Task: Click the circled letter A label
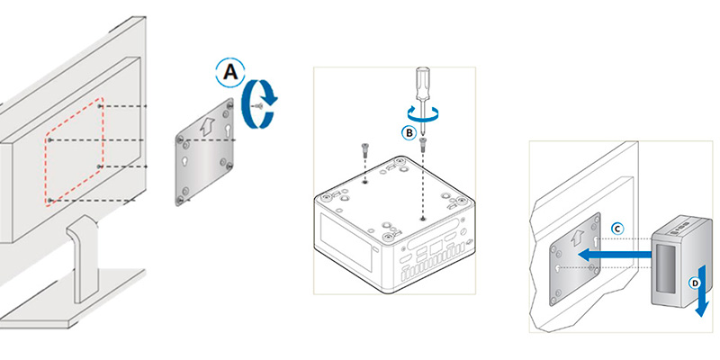click(230, 73)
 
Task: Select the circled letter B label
click(409, 133)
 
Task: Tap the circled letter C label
click(618, 229)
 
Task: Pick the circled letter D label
click(695, 283)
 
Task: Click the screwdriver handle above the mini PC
click(422, 83)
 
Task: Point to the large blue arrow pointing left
click(615, 255)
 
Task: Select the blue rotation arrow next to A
click(260, 103)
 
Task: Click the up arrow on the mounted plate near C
click(574, 238)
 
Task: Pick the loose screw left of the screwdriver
click(364, 148)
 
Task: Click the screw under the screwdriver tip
click(422, 143)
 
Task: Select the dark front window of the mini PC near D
click(666, 268)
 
